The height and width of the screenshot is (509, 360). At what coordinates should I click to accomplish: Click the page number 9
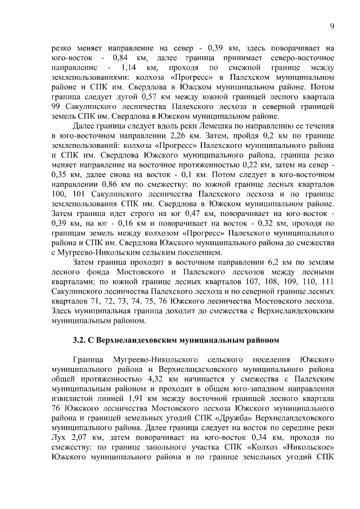tap(332, 26)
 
